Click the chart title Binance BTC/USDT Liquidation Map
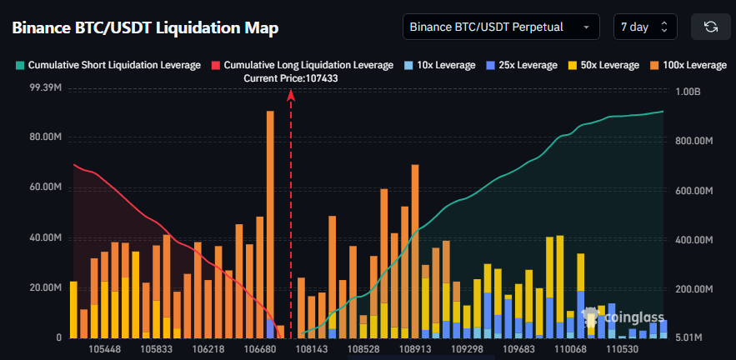click(x=145, y=27)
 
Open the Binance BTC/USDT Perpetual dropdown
click(x=500, y=27)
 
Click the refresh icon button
click(x=711, y=27)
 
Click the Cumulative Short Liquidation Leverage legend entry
click(x=108, y=65)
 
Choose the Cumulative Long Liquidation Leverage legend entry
click(x=302, y=65)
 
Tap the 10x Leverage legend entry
click(x=439, y=65)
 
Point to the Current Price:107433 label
click(x=291, y=78)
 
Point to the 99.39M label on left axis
click(x=45, y=87)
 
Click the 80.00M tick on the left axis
click(x=45, y=137)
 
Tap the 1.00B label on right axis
click(x=688, y=92)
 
